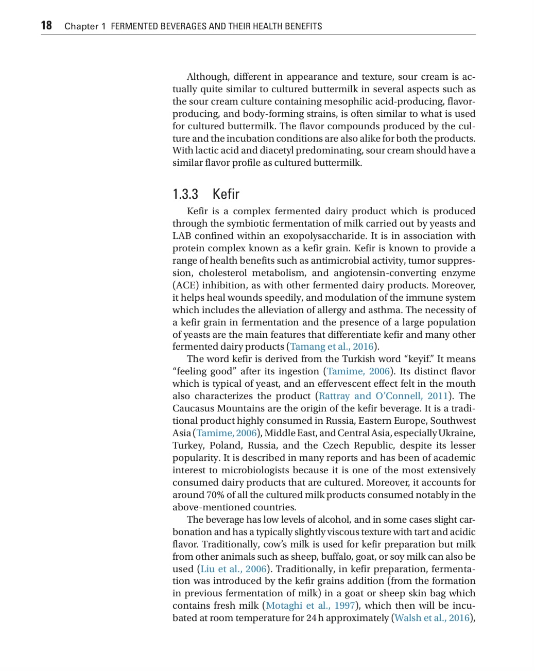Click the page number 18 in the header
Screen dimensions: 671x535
(46, 26)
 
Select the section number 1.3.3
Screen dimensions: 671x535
(185, 194)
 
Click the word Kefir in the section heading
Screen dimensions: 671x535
(226, 194)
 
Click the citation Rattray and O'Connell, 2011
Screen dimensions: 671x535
(383, 396)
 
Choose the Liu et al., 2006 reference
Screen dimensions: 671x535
(233, 569)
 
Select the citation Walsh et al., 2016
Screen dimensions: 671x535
(432, 618)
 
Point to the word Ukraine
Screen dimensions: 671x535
(458, 433)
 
